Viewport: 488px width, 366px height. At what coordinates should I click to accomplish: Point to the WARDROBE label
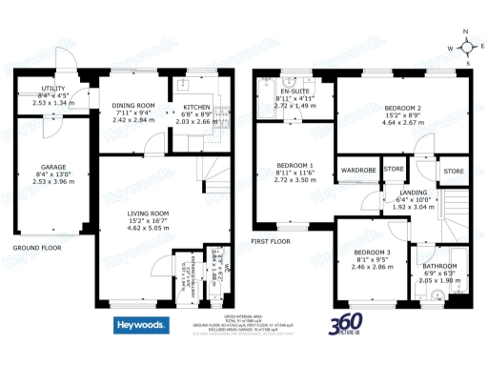coord(357,170)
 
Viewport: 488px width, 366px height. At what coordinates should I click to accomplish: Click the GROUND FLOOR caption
coord(36,248)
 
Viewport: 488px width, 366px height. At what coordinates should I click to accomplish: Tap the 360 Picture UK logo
coord(346,325)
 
